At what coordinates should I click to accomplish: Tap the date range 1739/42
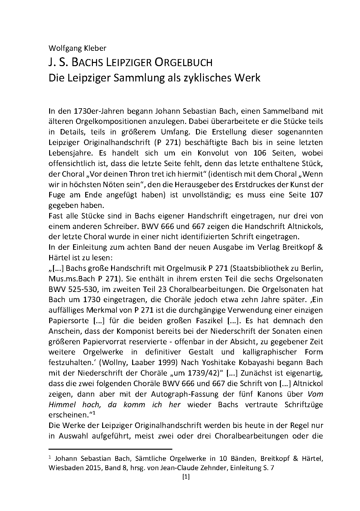click(204, 373)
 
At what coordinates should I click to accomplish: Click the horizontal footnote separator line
click(110, 448)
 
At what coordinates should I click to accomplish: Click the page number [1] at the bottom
click(185, 477)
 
